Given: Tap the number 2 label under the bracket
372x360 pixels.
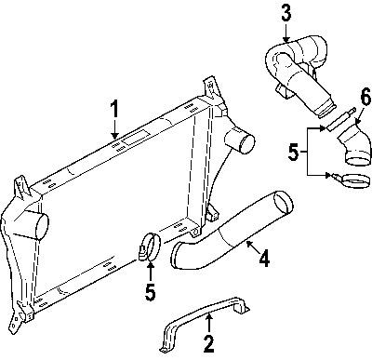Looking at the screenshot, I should tap(210, 345).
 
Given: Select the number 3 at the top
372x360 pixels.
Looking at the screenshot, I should tap(286, 12).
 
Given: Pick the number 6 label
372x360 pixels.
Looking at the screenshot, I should tap(340, 96).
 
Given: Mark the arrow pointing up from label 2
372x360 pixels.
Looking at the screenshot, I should tap(210, 325).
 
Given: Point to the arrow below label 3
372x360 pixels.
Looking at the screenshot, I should tap(286, 30).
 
